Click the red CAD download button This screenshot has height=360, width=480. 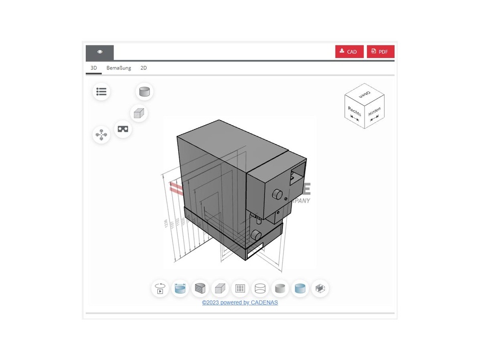(349, 52)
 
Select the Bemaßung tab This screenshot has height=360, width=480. (118, 68)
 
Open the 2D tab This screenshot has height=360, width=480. (143, 68)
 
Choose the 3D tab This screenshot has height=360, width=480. (93, 68)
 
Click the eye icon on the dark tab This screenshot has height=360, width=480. (100, 52)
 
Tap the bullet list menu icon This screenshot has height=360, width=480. (101, 92)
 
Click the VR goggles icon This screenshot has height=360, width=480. (123, 129)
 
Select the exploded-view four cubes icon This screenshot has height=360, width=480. (101, 135)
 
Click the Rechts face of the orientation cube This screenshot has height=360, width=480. (354, 113)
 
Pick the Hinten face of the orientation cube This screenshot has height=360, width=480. (374, 113)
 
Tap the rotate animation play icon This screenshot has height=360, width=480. (160, 289)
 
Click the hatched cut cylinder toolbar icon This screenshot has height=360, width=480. (200, 289)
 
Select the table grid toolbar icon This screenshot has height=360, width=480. (240, 289)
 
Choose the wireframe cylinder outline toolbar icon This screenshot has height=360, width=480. (260, 289)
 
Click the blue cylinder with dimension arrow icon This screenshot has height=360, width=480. (180, 289)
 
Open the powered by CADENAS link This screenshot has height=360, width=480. (240, 302)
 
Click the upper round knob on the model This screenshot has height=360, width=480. (278, 194)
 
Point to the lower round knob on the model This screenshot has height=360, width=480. (256, 235)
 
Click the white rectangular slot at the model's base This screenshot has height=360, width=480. (254, 250)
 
